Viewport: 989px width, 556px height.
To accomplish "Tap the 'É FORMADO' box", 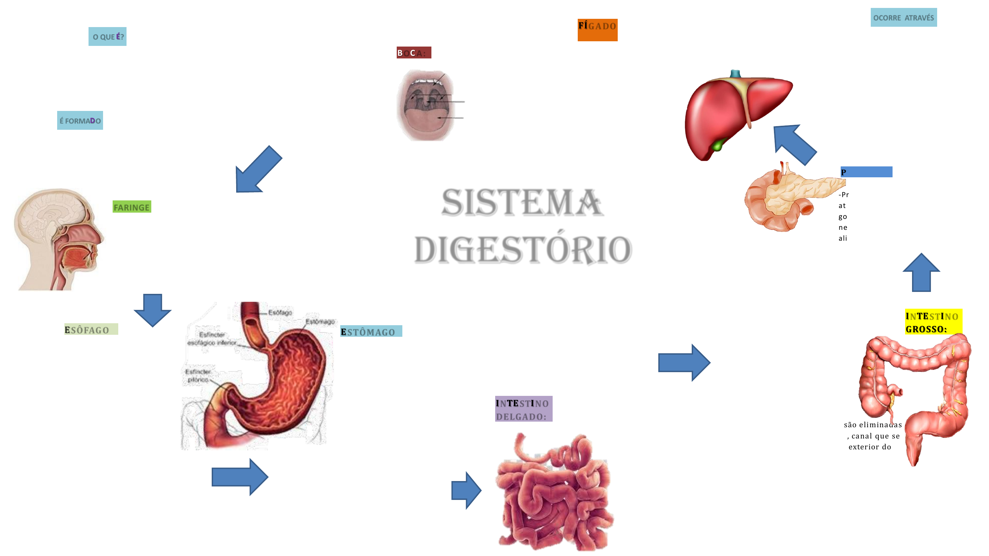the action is tap(80, 121).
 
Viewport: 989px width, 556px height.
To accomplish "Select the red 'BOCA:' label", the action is tap(414, 52).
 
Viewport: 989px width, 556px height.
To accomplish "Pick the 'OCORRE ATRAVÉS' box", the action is tap(903, 17).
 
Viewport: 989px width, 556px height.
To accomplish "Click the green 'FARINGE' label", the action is tap(132, 207).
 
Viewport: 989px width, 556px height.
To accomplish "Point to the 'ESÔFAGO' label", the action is tap(91, 329).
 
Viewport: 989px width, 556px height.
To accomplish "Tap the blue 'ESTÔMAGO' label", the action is tap(371, 331).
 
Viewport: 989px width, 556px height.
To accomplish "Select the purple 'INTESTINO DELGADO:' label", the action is tap(523, 409).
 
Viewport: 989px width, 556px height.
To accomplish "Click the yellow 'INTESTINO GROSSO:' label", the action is tap(933, 322).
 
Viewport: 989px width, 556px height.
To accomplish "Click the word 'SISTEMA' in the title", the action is tap(522, 203).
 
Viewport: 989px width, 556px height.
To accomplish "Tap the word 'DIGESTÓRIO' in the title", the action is tap(523, 250).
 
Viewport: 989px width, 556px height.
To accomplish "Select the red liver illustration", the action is tap(729, 111).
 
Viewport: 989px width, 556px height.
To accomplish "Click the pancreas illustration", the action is tap(791, 196).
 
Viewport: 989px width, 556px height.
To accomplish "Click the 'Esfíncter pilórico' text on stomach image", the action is tap(198, 376).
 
